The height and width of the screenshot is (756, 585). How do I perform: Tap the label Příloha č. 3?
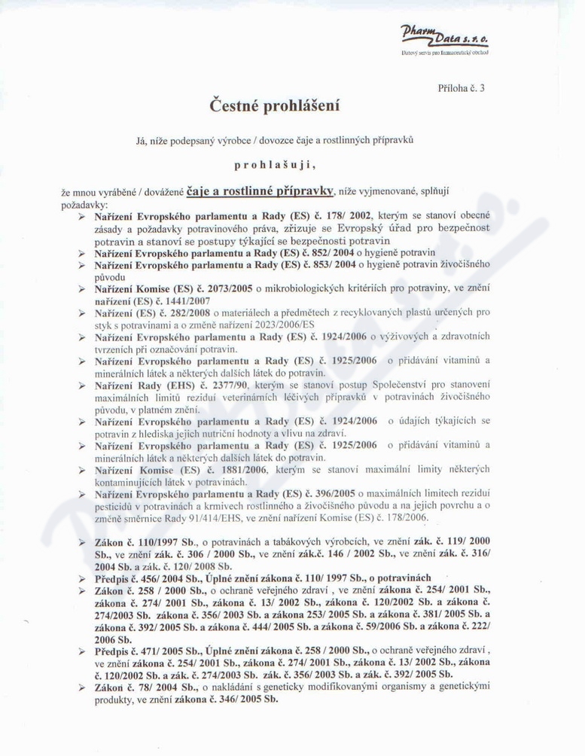pyautogui.click(x=461, y=88)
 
